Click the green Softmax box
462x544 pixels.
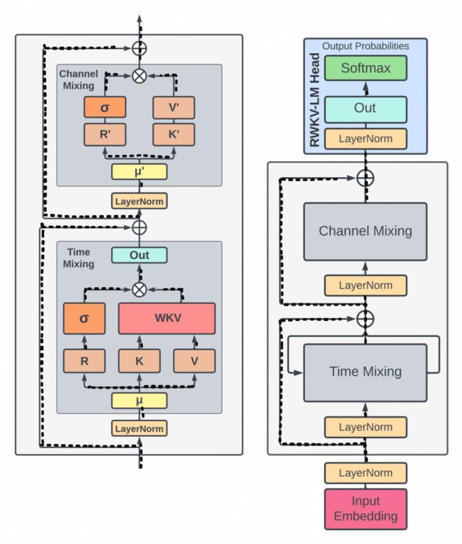(x=365, y=68)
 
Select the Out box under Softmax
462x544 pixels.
(x=365, y=108)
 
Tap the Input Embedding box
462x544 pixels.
(x=365, y=508)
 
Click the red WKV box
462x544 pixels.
(x=167, y=318)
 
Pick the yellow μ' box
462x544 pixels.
(x=139, y=172)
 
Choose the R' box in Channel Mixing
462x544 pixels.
(x=105, y=134)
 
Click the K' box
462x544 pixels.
(x=174, y=134)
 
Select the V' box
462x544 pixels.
(x=174, y=107)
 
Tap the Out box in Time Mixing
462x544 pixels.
(x=139, y=255)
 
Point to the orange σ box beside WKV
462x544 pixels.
(x=84, y=318)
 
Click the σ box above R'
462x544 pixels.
(x=105, y=107)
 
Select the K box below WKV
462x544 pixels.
(x=139, y=361)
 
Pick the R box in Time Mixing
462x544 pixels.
(x=84, y=361)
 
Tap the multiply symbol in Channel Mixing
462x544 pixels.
(x=140, y=75)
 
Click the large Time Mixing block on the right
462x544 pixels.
(x=365, y=372)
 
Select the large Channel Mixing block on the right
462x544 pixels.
(x=365, y=231)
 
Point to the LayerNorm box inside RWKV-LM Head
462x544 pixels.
(x=365, y=138)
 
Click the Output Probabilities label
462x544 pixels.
(x=365, y=46)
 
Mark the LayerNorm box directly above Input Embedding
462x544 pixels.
(x=365, y=472)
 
